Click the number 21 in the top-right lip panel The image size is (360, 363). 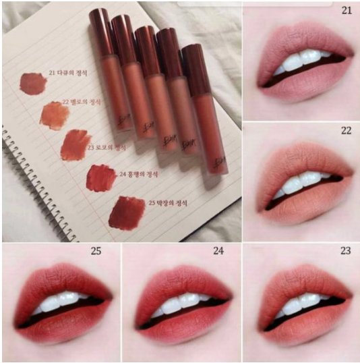coord(346,10)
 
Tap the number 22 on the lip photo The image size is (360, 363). coord(346,131)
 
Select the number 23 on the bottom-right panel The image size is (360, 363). coord(346,252)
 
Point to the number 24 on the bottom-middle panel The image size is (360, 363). coord(218,252)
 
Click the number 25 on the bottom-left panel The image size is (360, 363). coord(97,252)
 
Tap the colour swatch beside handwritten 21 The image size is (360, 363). coord(32,83)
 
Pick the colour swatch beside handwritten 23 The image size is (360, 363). coord(75,145)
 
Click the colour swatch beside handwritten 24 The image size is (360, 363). coord(101,177)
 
